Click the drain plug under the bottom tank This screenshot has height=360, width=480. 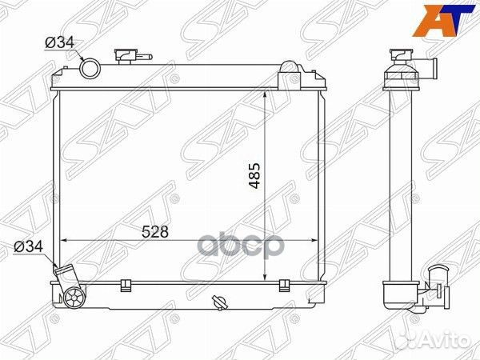pyautogui.click(x=219, y=302)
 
